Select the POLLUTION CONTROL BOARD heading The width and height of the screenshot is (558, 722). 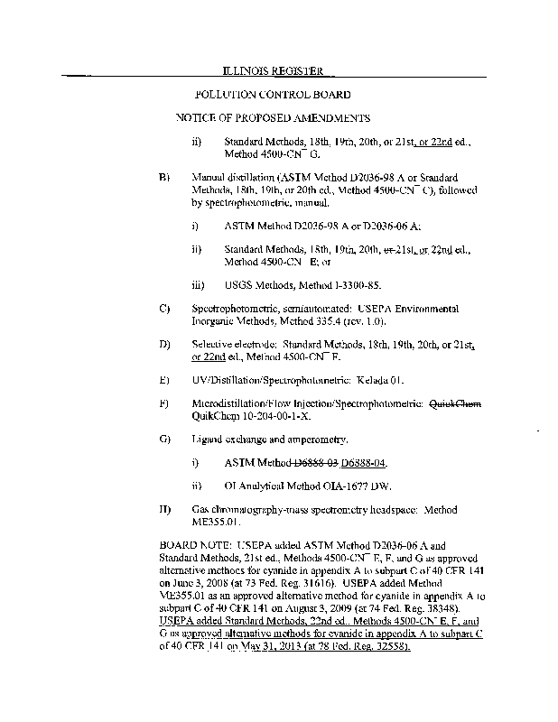tap(273, 95)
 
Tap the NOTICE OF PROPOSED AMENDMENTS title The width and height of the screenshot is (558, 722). tap(273, 118)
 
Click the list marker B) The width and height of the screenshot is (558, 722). tap(164, 179)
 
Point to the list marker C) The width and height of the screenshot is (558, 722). tap(164, 310)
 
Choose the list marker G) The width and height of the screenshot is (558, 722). tap(164, 440)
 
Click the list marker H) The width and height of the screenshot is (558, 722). tap(164, 511)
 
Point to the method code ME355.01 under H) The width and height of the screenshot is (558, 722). tap(218, 523)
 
